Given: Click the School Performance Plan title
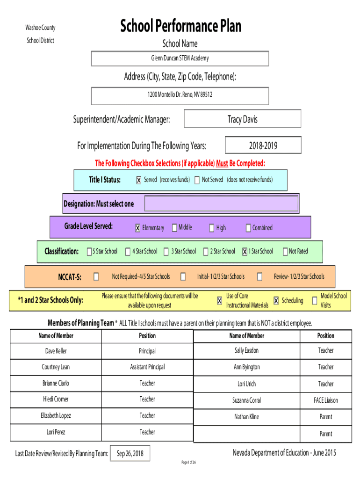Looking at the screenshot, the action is [180, 26].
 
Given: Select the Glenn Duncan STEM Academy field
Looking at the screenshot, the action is [180, 58].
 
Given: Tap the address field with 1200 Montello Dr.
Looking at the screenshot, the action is [180, 96].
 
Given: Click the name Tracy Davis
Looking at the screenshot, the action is [243, 119].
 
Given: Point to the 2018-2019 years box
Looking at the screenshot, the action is [263, 145].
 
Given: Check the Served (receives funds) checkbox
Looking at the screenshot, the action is [139, 180].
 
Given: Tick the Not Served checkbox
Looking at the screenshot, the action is [197, 180].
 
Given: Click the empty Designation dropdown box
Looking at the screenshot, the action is [221, 203].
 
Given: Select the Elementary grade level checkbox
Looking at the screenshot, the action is [138, 228].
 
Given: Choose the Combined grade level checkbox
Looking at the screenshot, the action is [248, 228].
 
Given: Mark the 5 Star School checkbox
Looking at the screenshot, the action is [89, 251].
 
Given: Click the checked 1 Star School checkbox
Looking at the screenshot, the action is [245, 251].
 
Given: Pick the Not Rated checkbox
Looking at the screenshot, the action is [285, 251].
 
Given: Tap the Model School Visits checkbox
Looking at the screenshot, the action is [315, 301].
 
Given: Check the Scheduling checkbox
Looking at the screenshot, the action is [276, 301].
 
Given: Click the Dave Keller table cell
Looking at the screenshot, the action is [56, 351].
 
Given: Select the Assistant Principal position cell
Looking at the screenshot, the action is [147, 367].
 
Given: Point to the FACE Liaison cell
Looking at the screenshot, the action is [326, 400].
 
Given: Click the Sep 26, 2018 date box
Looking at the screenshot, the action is [130, 453].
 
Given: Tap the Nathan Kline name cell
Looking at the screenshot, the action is [247, 417].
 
